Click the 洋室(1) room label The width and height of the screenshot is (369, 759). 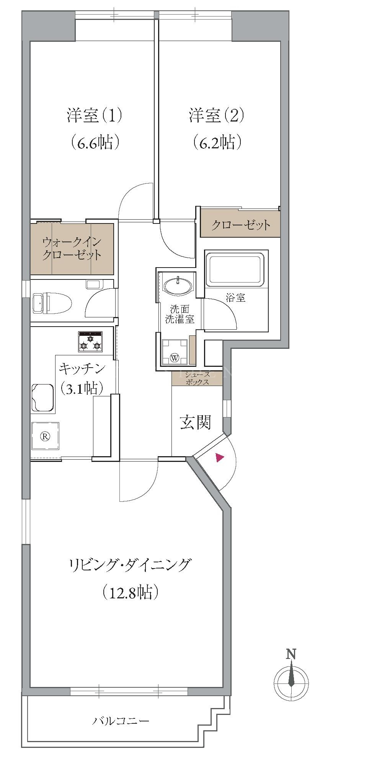pyautogui.click(x=95, y=116)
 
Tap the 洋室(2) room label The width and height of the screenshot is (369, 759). pyautogui.click(x=216, y=116)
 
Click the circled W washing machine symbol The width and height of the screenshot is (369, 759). pyautogui.click(x=175, y=358)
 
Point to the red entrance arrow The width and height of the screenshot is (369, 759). pyautogui.click(x=220, y=457)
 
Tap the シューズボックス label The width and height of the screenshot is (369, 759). pyautogui.click(x=197, y=378)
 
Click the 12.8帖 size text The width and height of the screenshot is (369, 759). pyautogui.click(x=130, y=593)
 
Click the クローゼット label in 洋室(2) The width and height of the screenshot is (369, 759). pyautogui.click(x=241, y=225)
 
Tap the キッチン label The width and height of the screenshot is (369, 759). pyautogui.click(x=82, y=369)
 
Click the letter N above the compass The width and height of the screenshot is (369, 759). pyautogui.click(x=292, y=654)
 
